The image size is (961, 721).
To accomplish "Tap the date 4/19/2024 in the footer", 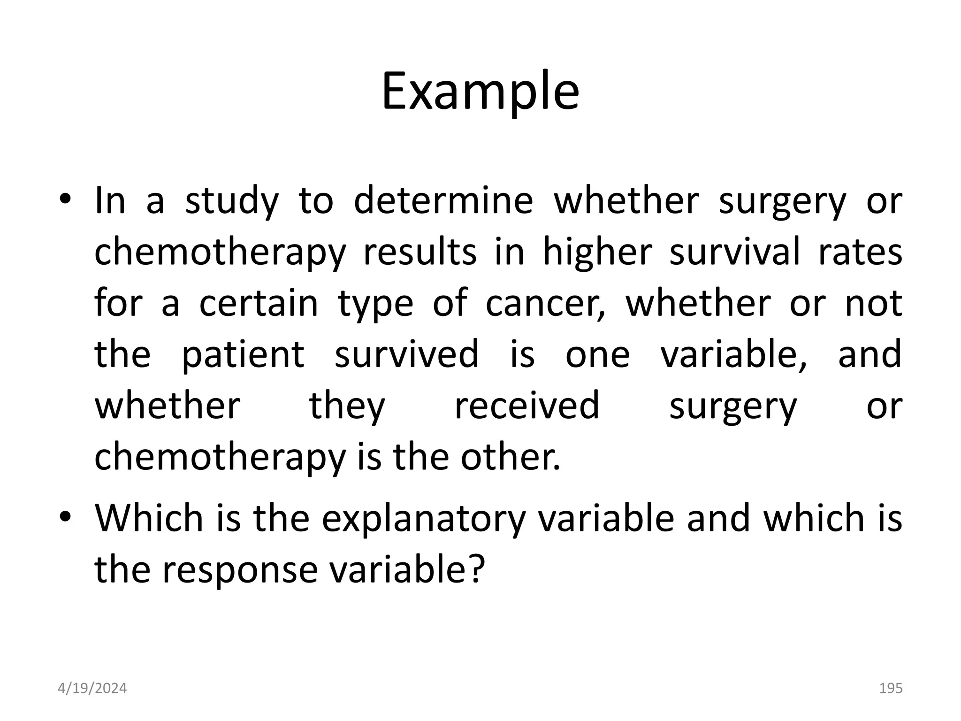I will [x=92, y=688].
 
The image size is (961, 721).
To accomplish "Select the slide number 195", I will [x=890, y=688].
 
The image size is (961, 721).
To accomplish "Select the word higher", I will [x=597, y=252].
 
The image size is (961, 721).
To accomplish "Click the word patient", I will [x=243, y=355].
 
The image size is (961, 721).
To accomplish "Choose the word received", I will [x=526, y=406].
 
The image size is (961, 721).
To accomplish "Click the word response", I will [x=240, y=569].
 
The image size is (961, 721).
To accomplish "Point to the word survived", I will [x=406, y=354].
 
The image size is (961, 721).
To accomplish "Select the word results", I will [x=419, y=252].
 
